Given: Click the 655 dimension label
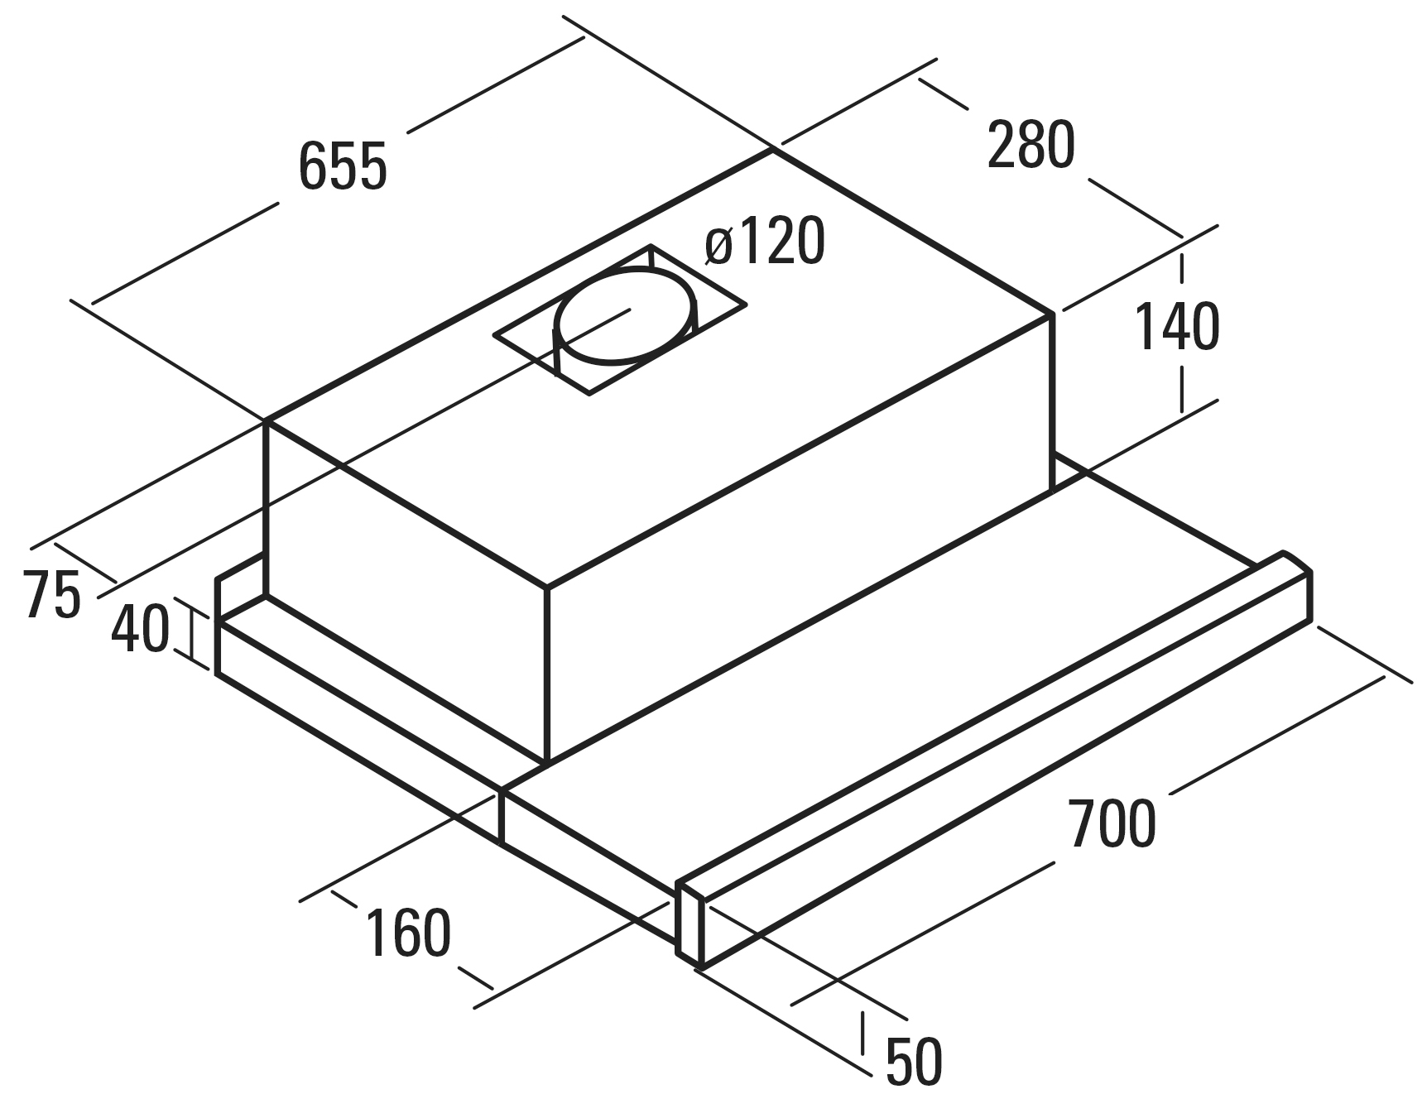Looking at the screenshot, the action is (x=343, y=166).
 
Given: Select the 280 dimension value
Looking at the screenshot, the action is (x=1031, y=145).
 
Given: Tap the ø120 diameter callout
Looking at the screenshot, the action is (x=765, y=241).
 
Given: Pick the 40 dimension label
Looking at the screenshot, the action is (x=140, y=628).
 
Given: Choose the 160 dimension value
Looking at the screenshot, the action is (x=408, y=933).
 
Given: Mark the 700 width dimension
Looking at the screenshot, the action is (x=1112, y=823).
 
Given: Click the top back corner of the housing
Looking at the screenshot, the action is (x=773, y=150).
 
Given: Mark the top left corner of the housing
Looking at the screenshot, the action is (x=266, y=422).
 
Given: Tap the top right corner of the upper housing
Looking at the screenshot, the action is (x=1053, y=314).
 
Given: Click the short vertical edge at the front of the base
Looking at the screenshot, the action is (x=501, y=816).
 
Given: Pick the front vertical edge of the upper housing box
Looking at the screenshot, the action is (x=546, y=675).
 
